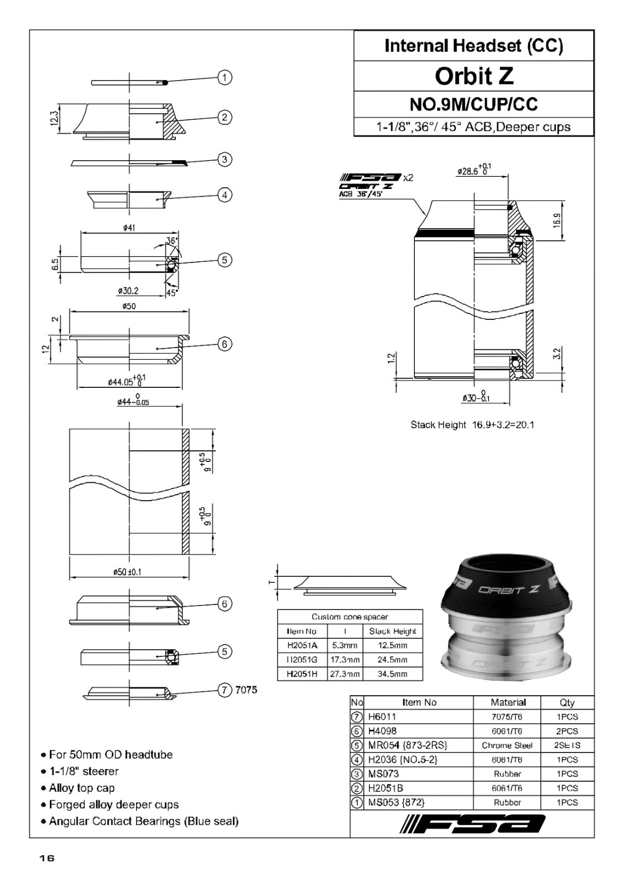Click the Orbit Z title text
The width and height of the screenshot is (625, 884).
(x=474, y=76)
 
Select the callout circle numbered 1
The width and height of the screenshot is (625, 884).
(x=225, y=77)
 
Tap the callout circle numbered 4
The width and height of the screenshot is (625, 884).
(x=225, y=195)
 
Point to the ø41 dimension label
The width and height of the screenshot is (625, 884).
(x=128, y=228)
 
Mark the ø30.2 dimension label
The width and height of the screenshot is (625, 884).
(x=128, y=291)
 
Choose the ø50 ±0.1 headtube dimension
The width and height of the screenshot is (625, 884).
(x=127, y=572)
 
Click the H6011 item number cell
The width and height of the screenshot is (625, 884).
(x=382, y=717)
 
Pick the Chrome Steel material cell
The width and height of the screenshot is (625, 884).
(x=507, y=745)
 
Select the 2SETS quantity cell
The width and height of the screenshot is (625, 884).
(x=567, y=745)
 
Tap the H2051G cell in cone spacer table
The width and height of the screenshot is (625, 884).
(x=302, y=660)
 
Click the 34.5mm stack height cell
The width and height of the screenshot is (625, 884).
(x=392, y=674)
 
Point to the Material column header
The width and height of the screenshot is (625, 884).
(x=508, y=702)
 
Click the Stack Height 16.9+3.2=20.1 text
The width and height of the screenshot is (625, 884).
(x=472, y=425)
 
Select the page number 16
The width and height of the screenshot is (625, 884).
(x=47, y=858)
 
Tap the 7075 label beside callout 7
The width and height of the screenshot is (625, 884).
(x=246, y=690)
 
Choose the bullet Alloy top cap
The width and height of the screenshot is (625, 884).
(x=81, y=788)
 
